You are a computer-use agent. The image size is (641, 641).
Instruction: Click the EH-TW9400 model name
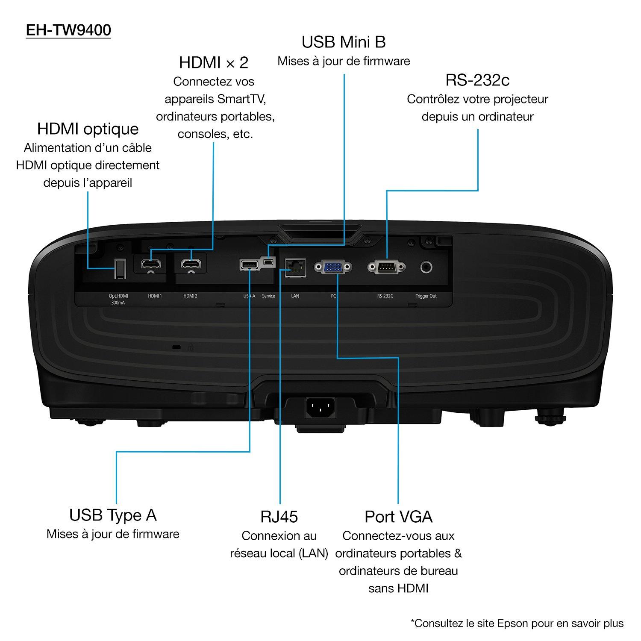point(68,30)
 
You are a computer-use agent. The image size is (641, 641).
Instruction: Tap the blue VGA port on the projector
point(333,268)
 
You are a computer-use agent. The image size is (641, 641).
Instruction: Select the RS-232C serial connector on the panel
point(386,268)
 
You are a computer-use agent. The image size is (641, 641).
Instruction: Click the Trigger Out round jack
point(426,268)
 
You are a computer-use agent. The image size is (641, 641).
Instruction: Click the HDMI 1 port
point(150,264)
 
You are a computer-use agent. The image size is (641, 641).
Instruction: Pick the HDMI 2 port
point(191,264)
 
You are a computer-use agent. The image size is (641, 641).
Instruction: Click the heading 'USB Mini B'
point(344,42)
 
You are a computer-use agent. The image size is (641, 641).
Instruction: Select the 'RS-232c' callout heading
point(477,80)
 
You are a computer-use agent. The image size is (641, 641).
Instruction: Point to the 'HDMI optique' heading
point(88,129)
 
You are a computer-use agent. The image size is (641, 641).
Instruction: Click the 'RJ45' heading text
point(279,517)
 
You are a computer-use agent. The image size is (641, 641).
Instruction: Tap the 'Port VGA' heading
point(398,517)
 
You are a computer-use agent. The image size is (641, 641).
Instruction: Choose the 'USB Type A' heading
point(113,515)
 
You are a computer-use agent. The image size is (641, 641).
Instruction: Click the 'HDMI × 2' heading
point(214,62)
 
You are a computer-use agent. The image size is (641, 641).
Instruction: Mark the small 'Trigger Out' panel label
point(426,296)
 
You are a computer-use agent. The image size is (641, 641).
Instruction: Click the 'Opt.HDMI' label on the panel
point(118,296)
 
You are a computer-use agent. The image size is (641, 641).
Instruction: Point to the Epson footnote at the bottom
point(517,623)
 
